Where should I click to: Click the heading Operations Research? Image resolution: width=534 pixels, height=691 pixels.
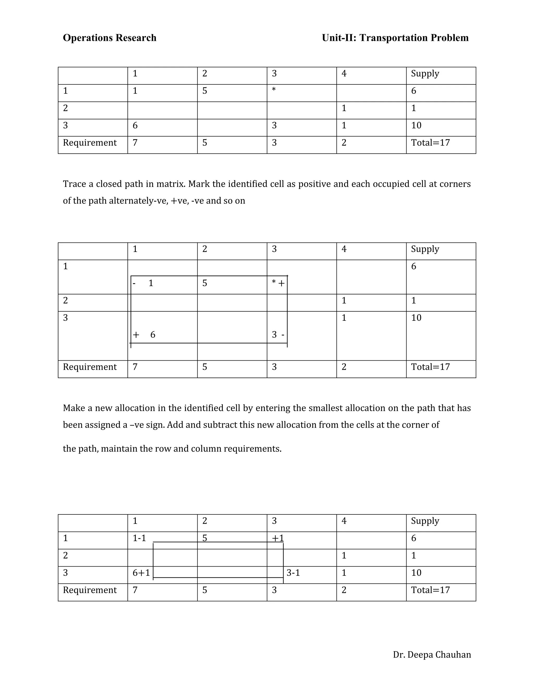pyautogui.click(x=110, y=38)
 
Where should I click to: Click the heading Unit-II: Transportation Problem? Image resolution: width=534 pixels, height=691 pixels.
pyautogui.click(x=395, y=38)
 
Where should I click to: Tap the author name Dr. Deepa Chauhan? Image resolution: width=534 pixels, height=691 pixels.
pyautogui.click(x=432, y=654)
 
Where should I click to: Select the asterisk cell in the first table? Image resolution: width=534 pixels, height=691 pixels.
pyautogui.click(x=274, y=90)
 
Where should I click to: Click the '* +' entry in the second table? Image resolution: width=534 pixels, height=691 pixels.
pyautogui.click(x=278, y=283)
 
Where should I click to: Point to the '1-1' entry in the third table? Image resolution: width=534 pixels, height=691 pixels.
pyautogui.click(x=139, y=538)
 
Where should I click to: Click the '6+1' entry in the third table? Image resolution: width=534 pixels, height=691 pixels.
pyautogui.click(x=141, y=573)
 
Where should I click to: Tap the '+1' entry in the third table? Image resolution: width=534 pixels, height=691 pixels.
pyautogui.click(x=278, y=538)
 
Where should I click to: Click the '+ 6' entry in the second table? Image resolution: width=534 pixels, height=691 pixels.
pyautogui.click(x=144, y=335)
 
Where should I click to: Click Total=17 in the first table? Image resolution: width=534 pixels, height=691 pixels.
pyautogui.click(x=430, y=143)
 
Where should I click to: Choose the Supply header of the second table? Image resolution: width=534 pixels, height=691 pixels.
pyautogui.click(x=425, y=249)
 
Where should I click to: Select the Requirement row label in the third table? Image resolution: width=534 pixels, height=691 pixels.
pyautogui.click(x=90, y=590)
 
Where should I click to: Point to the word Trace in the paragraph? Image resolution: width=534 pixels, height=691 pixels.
pyautogui.click(x=74, y=184)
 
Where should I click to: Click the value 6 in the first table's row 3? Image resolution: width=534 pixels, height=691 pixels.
pyautogui.click(x=135, y=125)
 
